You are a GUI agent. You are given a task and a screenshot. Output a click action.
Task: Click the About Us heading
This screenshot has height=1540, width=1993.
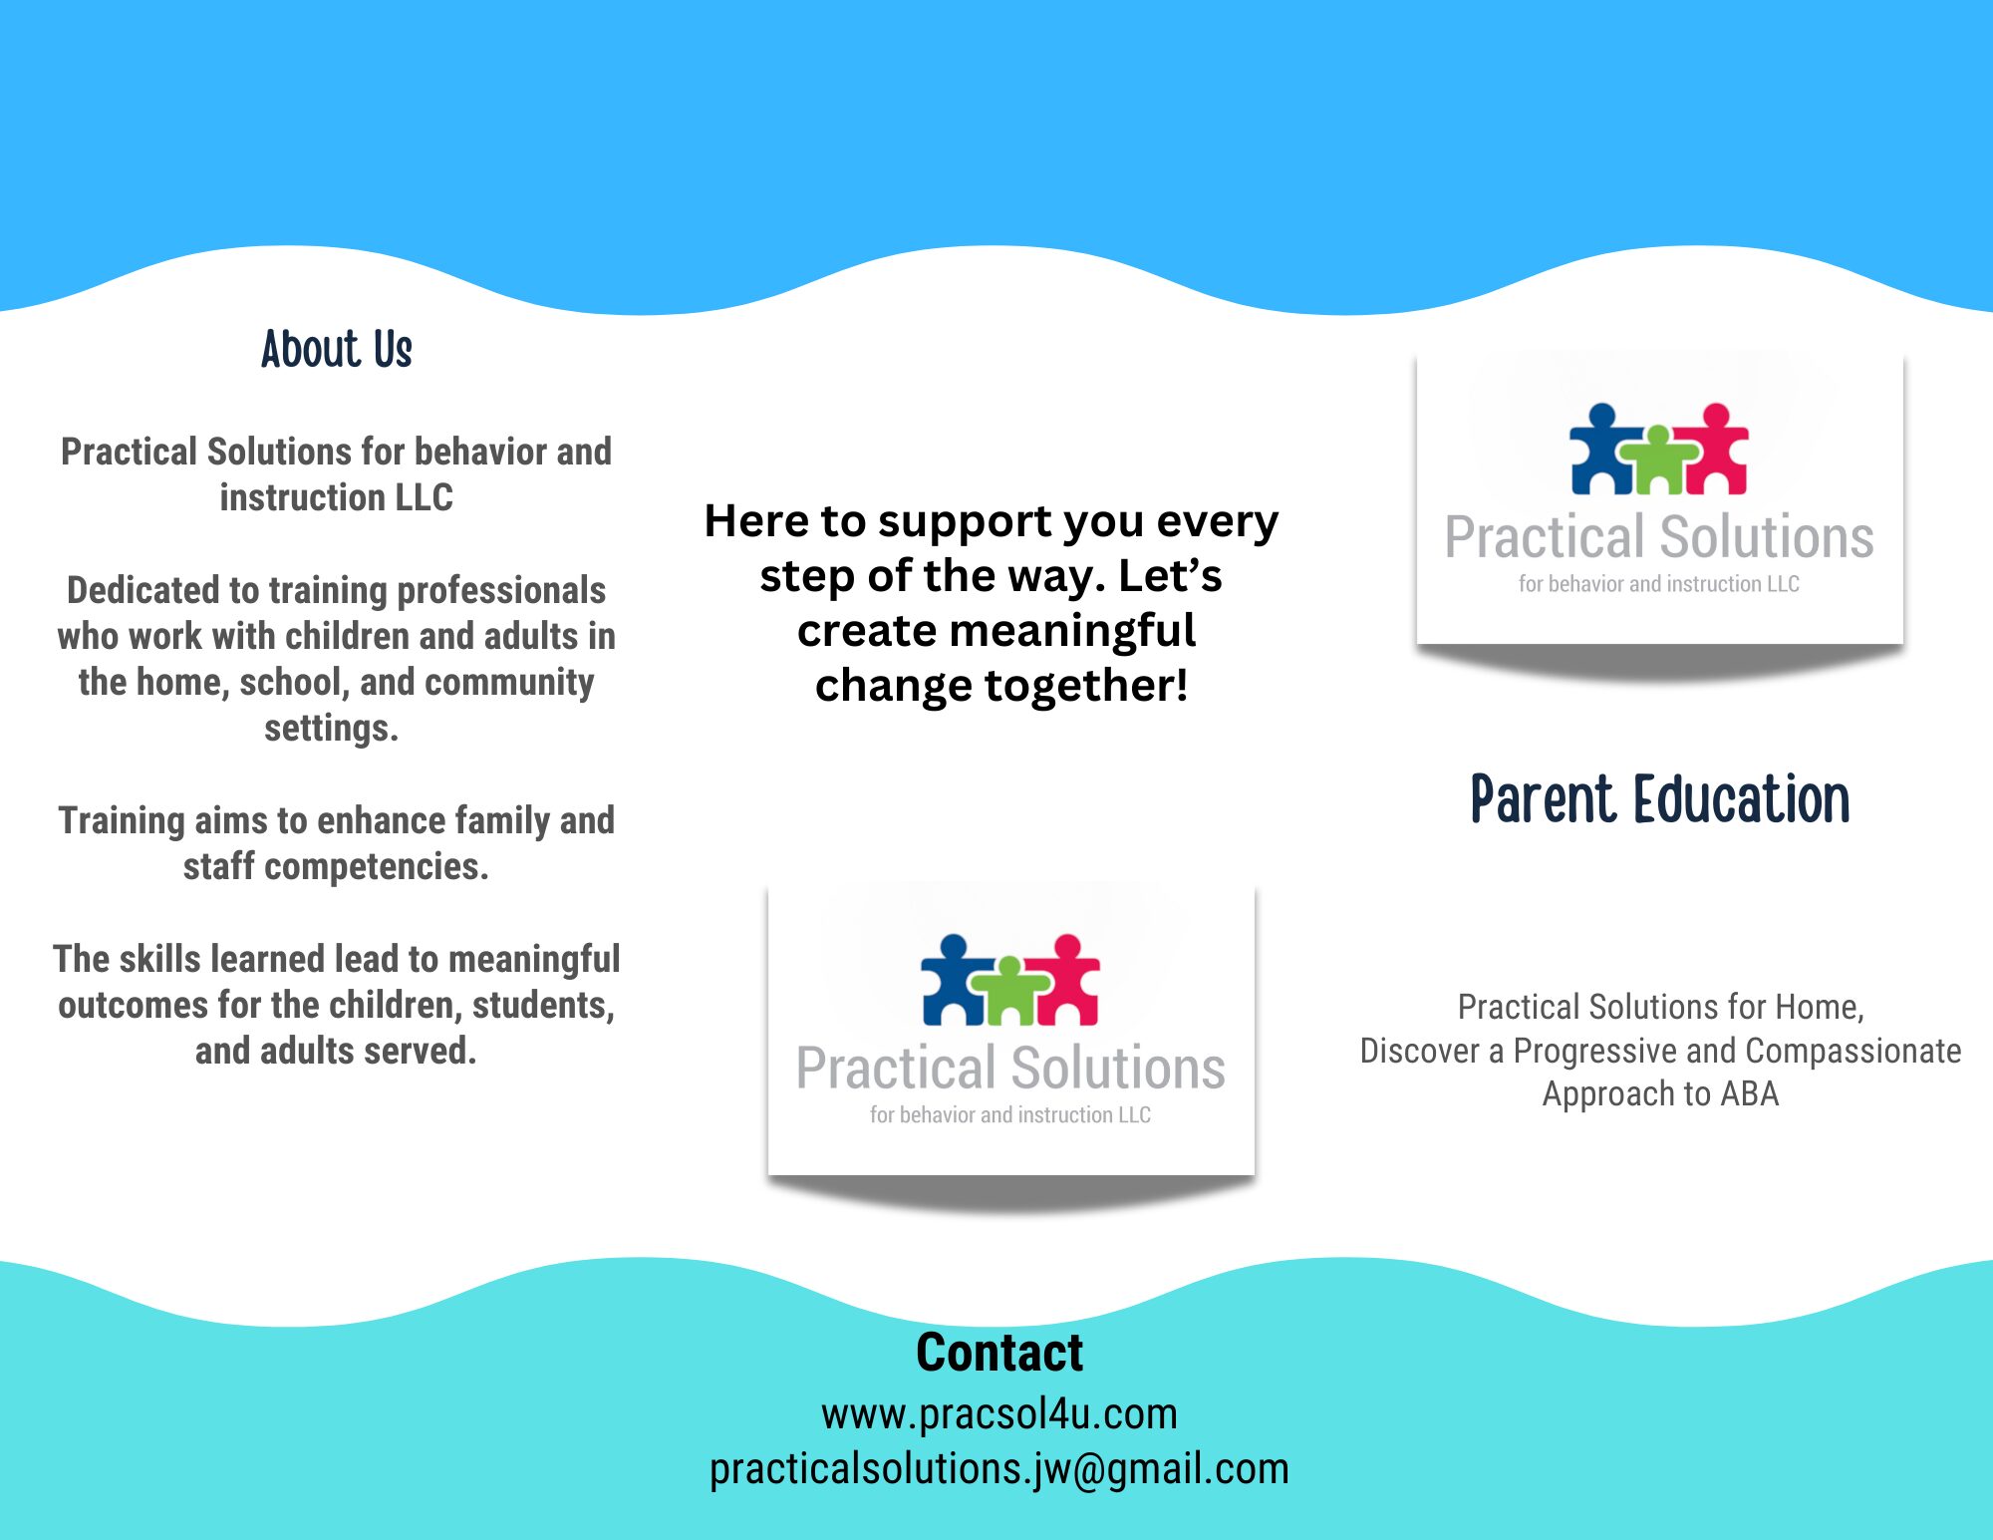pos(337,350)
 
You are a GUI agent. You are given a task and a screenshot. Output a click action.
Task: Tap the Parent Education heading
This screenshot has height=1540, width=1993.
pos(1660,799)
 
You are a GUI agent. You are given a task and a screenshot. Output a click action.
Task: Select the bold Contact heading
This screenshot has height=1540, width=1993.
pos(999,1353)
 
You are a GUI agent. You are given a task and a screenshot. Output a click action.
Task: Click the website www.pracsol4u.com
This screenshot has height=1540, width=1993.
pos(999,1414)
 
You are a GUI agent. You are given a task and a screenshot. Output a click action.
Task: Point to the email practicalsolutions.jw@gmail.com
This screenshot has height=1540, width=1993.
pos(999,1469)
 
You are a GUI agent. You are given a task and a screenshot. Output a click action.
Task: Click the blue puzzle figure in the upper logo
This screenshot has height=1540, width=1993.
pos(1604,450)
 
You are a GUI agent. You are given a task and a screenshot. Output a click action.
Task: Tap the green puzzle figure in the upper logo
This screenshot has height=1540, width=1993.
pos(1658,461)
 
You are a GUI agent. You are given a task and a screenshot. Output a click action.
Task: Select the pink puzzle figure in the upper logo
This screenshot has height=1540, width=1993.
pos(1712,450)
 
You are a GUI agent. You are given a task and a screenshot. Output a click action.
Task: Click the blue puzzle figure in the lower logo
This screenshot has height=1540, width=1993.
pos(956,981)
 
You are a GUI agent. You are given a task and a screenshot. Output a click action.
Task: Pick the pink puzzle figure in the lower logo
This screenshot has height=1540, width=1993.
pos(1063,981)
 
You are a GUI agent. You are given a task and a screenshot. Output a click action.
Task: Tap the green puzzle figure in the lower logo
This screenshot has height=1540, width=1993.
pos(1009,992)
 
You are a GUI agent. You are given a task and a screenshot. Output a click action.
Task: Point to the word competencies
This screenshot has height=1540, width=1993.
pos(376,867)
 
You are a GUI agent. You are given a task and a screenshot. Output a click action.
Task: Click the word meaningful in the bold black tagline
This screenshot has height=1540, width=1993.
pos(1072,631)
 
